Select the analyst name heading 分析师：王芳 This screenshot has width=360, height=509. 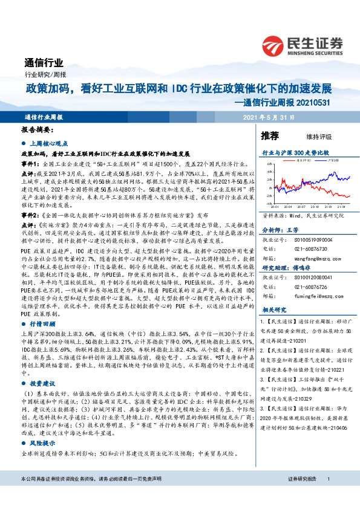click(280, 230)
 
